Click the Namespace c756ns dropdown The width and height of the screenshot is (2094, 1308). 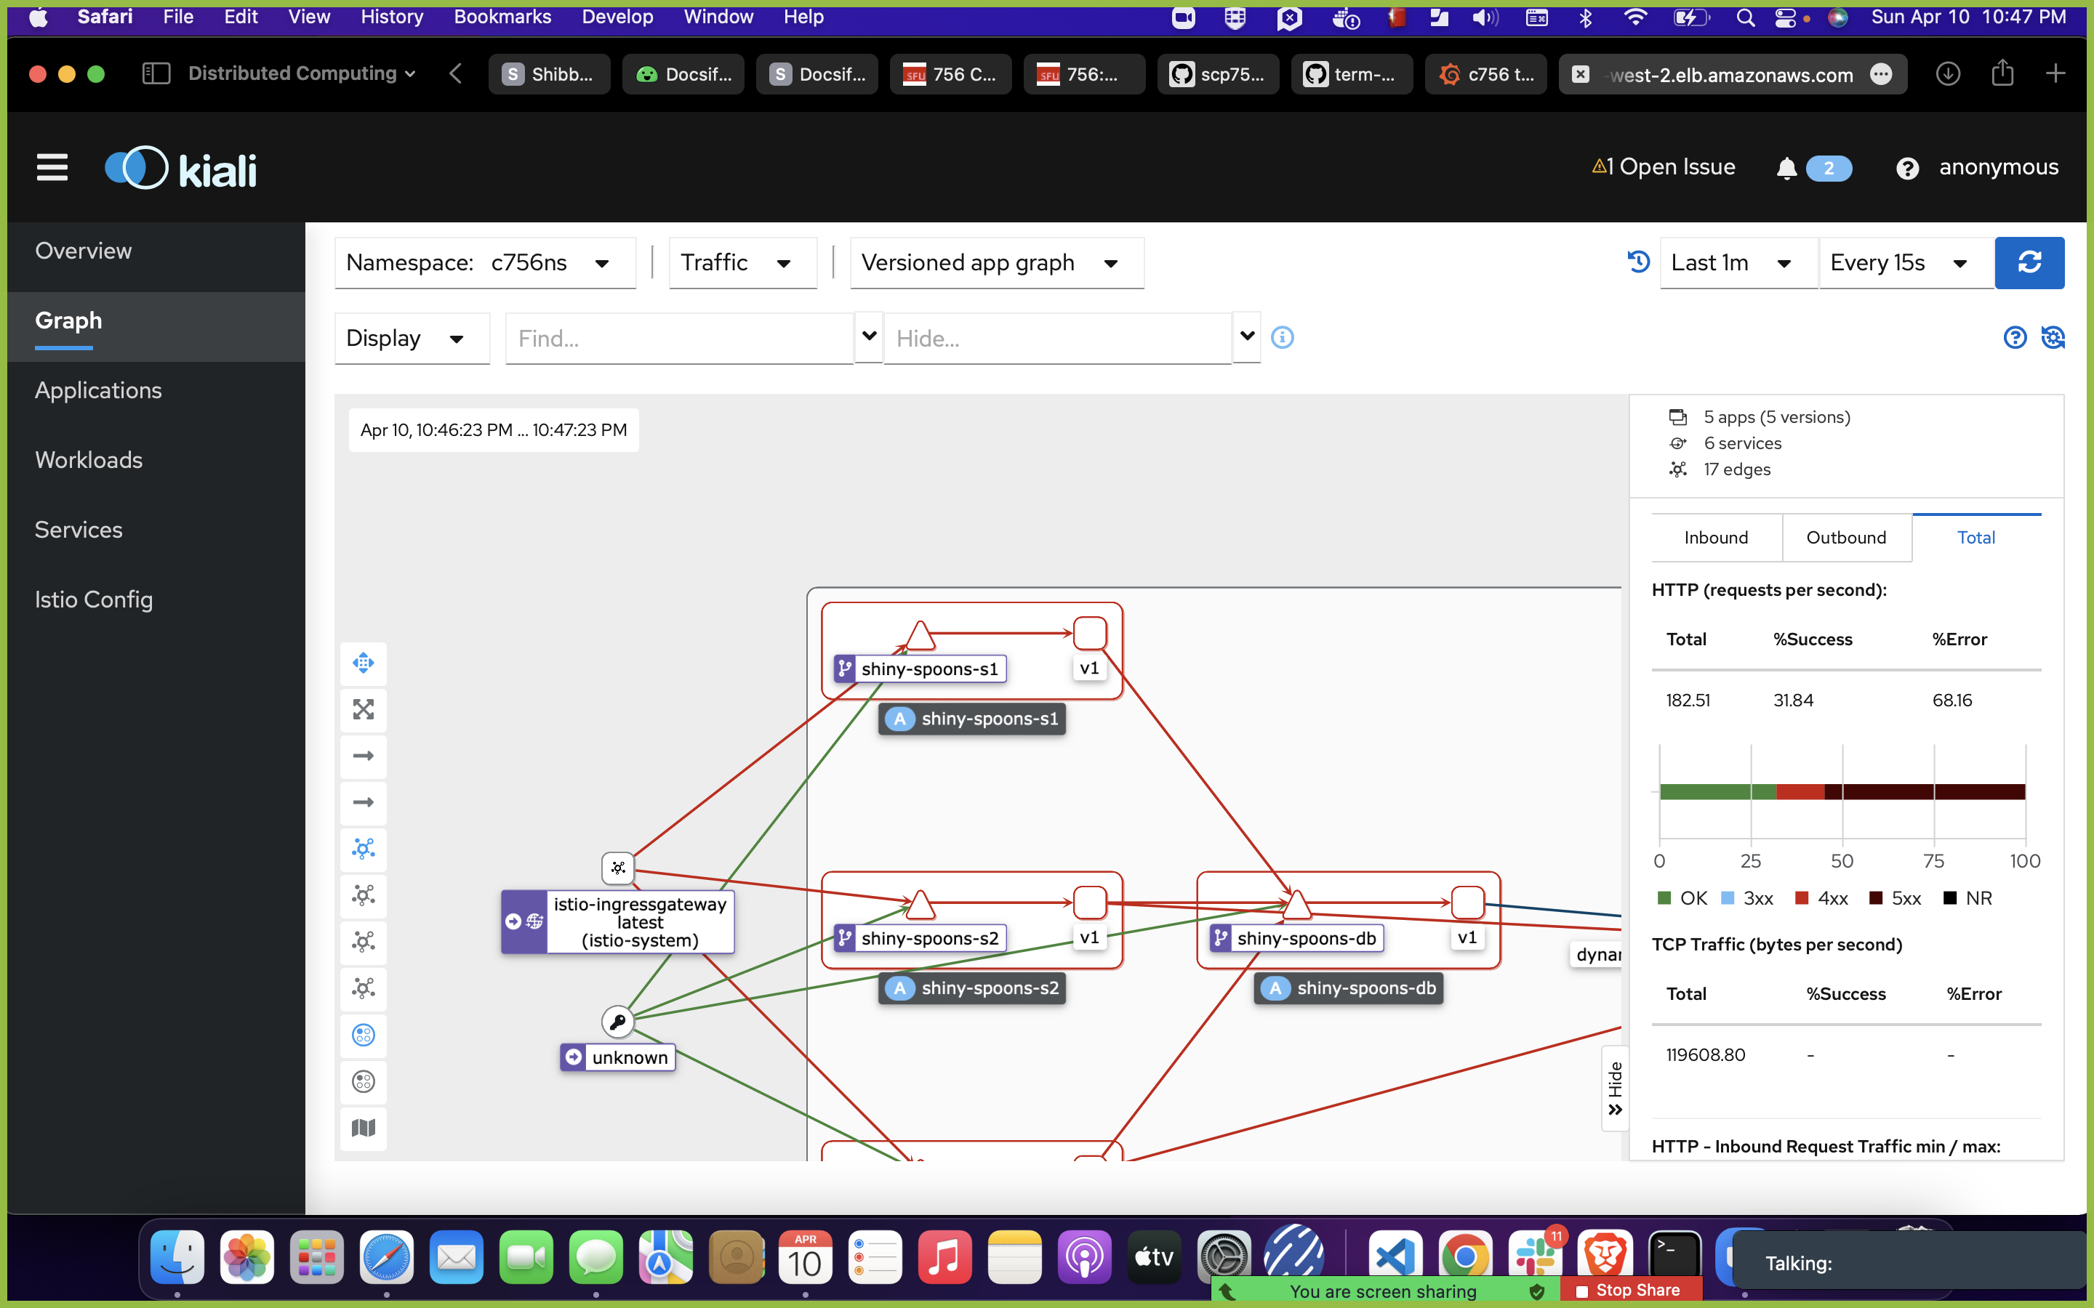[484, 263]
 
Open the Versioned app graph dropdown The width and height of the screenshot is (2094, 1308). [996, 263]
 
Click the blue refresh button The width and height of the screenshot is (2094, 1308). [2029, 263]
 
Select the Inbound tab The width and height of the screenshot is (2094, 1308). [1716, 538]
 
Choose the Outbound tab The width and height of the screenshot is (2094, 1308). [1845, 538]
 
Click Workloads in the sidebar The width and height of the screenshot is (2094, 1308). [88, 460]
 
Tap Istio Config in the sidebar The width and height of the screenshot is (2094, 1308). [94, 599]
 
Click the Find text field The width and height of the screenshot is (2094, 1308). [679, 338]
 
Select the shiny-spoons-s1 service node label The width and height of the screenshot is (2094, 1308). [928, 669]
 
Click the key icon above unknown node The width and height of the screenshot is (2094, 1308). [617, 1022]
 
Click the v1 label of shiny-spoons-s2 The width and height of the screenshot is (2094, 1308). [1088, 937]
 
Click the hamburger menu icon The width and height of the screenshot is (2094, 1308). [52, 168]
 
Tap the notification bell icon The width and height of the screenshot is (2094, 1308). [1786, 169]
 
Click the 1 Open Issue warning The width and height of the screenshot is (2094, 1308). [1663, 167]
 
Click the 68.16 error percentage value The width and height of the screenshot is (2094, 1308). [1952, 701]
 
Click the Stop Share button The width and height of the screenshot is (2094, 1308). [1630, 1290]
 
